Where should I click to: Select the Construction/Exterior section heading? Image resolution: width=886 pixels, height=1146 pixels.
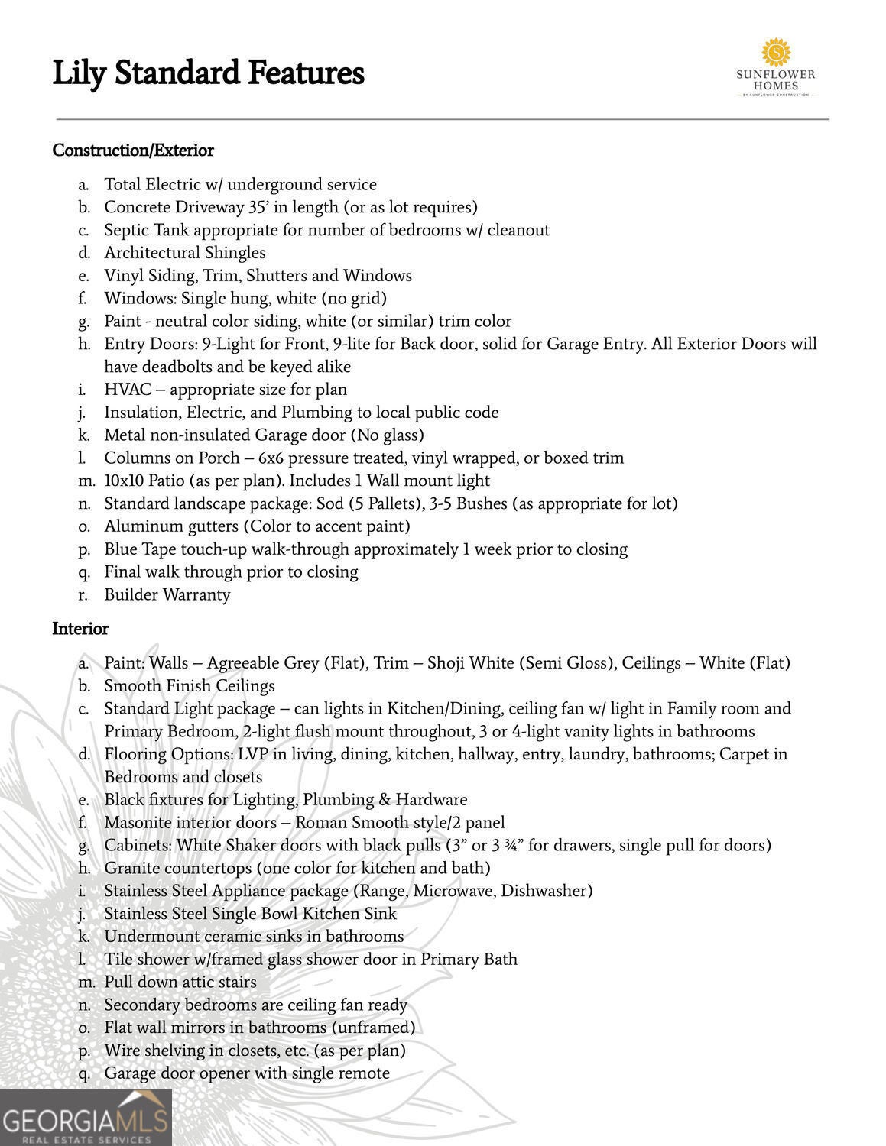pos(133,151)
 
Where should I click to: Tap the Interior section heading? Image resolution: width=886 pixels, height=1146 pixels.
pos(80,629)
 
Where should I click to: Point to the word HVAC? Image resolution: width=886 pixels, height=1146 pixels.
pos(122,390)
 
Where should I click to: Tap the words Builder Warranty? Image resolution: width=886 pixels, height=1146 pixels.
pos(167,594)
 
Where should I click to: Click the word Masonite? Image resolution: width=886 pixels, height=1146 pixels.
pos(138,822)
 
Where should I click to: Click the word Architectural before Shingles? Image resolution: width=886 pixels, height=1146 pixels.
pos(152,253)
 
